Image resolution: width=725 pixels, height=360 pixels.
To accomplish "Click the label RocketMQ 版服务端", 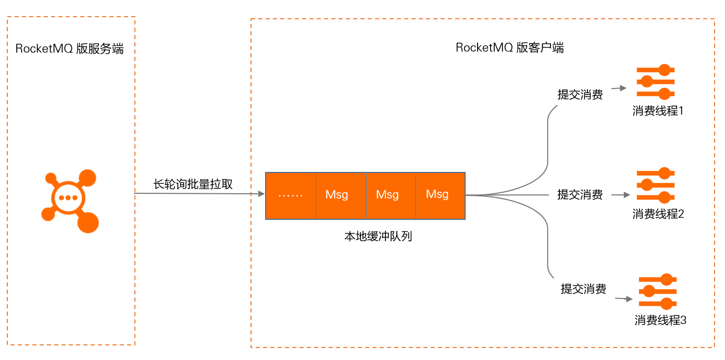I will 70,49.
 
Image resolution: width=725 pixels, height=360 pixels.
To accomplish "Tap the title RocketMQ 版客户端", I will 509,48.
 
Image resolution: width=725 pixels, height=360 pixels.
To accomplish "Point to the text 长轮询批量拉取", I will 193,184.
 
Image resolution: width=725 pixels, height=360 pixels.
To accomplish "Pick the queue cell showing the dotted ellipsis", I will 291,195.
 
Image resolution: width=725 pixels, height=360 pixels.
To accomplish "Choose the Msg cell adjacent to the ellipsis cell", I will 341,195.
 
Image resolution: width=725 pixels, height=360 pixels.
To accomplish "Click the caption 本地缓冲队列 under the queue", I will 378,236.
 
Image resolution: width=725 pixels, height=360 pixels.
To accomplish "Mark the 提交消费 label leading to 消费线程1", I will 580,95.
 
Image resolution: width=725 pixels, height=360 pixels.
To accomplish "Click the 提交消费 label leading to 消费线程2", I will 580,195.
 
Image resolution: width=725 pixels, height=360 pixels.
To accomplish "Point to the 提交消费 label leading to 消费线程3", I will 583,289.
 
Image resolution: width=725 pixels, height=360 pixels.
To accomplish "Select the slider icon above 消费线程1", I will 655,82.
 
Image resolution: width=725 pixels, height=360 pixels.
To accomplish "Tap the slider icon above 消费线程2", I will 655,185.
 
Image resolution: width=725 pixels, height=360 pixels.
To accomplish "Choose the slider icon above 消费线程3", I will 657,292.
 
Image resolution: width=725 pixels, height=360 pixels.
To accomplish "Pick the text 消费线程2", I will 658,214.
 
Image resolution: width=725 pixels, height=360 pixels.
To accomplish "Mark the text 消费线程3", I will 660,320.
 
